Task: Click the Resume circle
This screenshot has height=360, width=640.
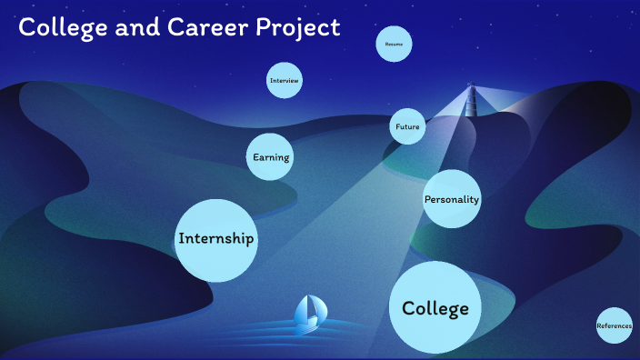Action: [395, 44]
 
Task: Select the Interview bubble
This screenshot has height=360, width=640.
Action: [285, 81]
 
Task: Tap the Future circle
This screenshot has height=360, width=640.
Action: [407, 126]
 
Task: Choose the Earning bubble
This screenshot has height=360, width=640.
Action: [271, 157]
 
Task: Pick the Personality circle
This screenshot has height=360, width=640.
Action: [452, 199]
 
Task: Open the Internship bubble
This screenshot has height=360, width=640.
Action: [216, 240]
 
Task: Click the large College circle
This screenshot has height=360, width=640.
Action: [435, 307]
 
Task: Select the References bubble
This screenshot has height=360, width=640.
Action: [615, 325]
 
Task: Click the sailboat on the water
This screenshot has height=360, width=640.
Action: [310, 312]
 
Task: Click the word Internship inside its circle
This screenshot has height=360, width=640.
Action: [216, 239]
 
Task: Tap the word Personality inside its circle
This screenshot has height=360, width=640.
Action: [452, 199]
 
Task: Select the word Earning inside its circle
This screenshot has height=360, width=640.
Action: [271, 157]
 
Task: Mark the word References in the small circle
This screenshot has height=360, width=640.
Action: [615, 325]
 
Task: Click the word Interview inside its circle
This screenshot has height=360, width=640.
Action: [285, 81]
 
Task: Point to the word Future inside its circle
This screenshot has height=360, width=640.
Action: [407, 126]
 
